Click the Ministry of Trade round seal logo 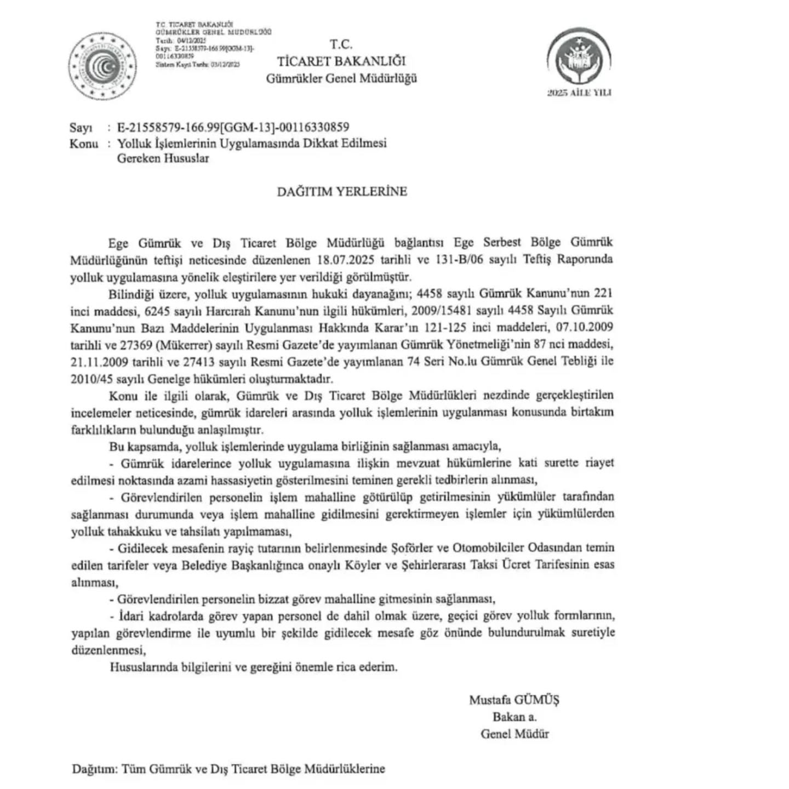pos(103,67)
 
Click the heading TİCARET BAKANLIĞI pos(341,61)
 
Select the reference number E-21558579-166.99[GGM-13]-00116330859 pos(233,128)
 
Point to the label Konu pos(84,144)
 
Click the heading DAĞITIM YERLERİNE pos(341,191)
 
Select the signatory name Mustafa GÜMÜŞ pos(514,700)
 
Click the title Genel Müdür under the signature pos(514,734)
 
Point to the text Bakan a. pos(514,717)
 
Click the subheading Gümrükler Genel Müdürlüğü pos(341,78)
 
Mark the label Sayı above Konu pos(81,128)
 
